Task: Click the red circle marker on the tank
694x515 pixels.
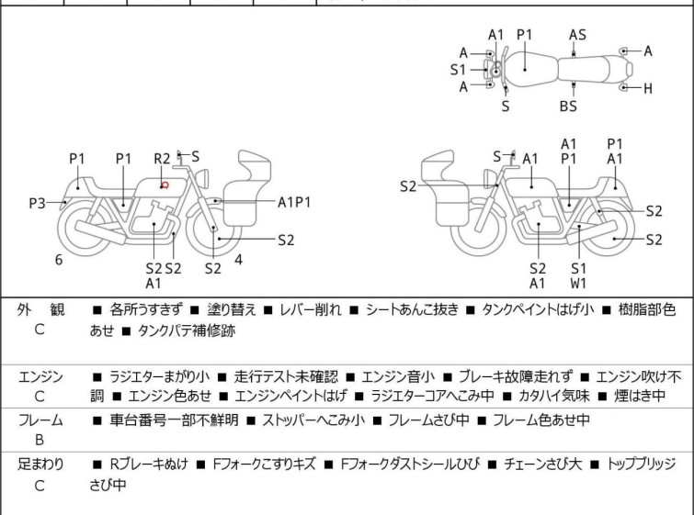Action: coord(165,185)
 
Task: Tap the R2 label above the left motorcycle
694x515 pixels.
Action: coord(162,159)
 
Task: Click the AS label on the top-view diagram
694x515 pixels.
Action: coord(577,35)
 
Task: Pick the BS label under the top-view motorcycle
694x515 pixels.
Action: coord(569,106)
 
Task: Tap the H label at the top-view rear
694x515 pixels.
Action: coord(648,88)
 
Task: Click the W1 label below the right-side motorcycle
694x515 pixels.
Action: coord(578,283)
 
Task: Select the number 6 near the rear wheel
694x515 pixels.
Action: coord(59,260)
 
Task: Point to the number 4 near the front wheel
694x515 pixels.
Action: coord(238,259)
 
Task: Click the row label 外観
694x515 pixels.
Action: coord(40,309)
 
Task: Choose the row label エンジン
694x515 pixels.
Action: coord(40,376)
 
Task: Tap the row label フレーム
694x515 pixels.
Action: coord(40,420)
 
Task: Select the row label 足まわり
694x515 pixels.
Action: coord(40,465)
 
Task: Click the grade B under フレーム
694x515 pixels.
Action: coord(40,440)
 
